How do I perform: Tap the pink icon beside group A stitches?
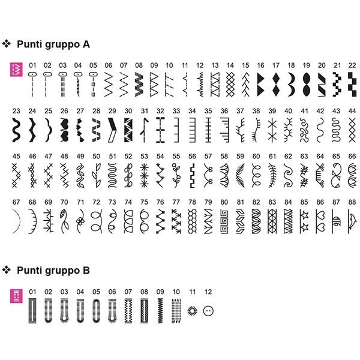click(16, 70)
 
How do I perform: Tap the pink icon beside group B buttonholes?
click(16, 296)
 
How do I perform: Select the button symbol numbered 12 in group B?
click(208, 311)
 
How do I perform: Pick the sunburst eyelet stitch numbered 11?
click(193, 311)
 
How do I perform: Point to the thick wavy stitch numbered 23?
click(16, 127)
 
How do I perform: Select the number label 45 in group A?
click(16, 156)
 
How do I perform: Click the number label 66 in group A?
click(352, 156)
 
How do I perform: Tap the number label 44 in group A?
click(352, 110)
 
